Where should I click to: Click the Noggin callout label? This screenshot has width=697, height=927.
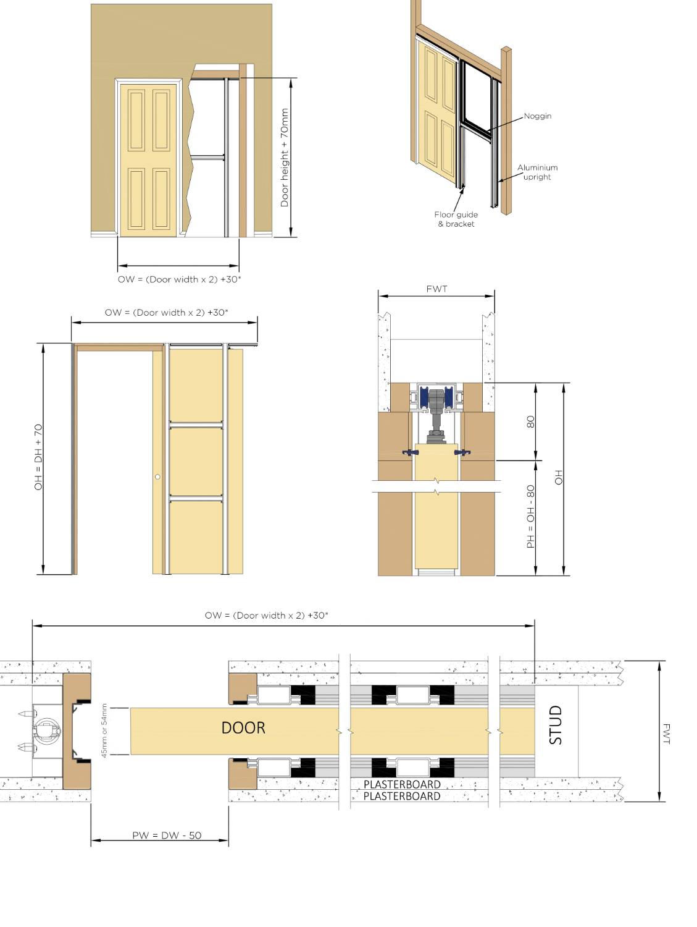pyautogui.click(x=537, y=116)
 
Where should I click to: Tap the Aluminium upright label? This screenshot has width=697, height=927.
pyautogui.click(x=537, y=172)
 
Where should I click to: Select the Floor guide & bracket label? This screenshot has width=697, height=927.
pyautogui.click(x=456, y=219)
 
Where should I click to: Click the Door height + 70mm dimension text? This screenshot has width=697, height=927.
pyautogui.click(x=285, y=158)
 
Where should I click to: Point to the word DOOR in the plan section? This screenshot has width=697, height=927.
pyautogui.click(x=243, y=728)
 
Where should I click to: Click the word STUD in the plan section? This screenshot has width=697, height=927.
pyautogui.click(x=556, y=725)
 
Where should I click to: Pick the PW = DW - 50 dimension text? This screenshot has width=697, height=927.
pyautogui.click(x=167, y=836)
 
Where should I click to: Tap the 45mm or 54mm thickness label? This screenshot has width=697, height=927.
pyautogui.click(x=104, y=730)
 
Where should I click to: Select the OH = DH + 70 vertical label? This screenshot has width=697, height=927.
pyautogui.click(x=38, y=457)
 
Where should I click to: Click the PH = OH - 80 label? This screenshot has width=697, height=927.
pyautogui.click(x=530, y=516)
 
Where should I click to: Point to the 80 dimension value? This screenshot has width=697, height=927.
pyautogui.click(x=530, y=422)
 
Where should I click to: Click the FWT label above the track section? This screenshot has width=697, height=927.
pyautogui.click(x=436, y=289)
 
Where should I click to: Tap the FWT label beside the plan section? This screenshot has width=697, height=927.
pyautogui.click(x=666, y=734)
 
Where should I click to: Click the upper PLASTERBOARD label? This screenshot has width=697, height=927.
pyautogui.click(x=402, y=785)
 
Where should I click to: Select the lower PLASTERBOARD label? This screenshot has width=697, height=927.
pyautogui.click(x=402, y=797)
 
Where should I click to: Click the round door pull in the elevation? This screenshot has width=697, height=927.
pyautogui.click(x=158, y=477)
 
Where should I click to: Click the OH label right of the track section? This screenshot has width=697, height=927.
pyautogui.click(x=559, y=477)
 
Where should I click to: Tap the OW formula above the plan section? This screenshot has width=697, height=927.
pyautogui.click(x=267, y=616)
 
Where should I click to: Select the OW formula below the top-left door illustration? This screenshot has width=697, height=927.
pyautogui.click(x=179, y=279)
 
